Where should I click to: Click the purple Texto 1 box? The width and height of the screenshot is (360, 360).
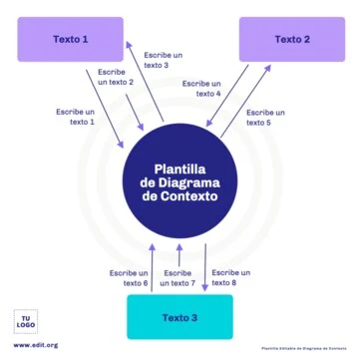71,39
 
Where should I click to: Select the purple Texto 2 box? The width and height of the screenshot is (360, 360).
292,39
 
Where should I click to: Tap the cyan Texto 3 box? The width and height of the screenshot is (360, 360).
180,318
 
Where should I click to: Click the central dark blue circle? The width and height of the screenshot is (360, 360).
180,183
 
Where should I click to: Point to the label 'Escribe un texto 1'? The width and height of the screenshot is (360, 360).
76,116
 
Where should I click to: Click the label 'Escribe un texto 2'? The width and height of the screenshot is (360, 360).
116,77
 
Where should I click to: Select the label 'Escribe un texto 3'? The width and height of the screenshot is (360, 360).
164,60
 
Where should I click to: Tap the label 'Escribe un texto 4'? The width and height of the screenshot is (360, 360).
202,88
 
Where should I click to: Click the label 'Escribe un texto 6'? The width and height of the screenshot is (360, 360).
129,277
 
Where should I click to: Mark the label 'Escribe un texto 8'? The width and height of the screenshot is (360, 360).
230,277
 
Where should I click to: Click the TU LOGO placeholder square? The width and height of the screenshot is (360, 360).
27,321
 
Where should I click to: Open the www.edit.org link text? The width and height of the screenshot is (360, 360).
36,345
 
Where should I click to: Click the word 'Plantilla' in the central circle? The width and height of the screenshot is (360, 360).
180,169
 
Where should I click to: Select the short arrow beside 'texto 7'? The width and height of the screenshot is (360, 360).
179,254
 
